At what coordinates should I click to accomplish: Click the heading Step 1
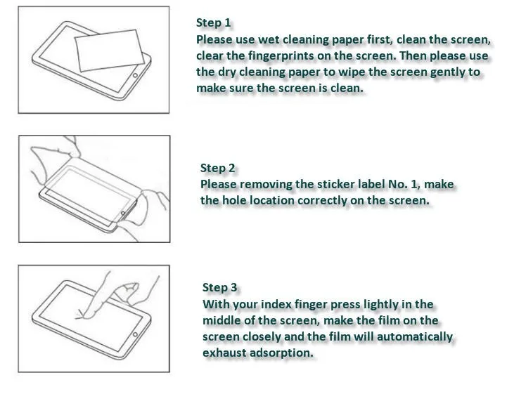tap(213, 22)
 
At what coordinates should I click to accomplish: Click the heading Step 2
tap(217, 168)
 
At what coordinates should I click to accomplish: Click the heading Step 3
tap(219, 287)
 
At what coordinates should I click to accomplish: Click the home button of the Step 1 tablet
tap(134, 74)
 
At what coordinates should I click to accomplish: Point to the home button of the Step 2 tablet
tap(124, 212)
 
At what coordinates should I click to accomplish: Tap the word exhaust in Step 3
tap(224, 353)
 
